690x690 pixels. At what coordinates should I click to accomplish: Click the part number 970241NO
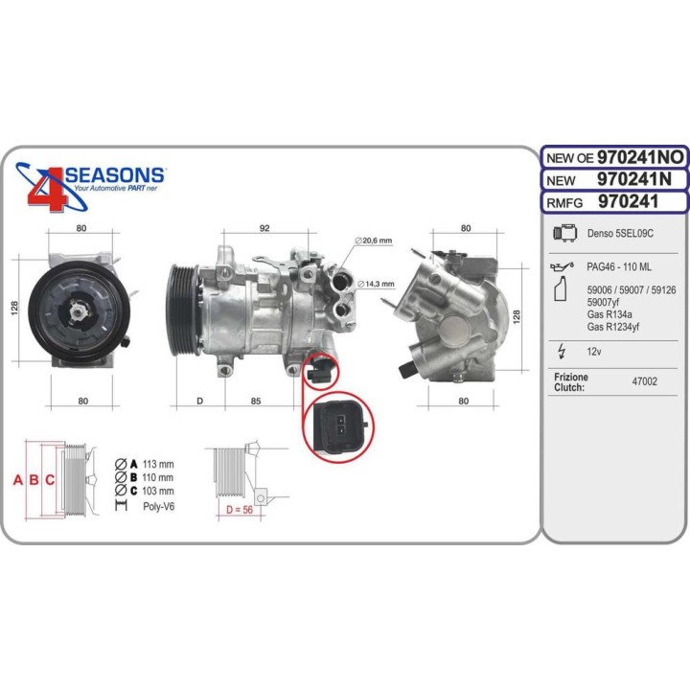click(x=640, y=157)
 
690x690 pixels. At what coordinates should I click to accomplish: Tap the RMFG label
click(x=566, y=202)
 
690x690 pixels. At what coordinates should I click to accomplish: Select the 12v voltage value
click(x=593, y=352)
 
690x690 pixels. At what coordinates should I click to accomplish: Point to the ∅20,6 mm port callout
click(x=374, y=241)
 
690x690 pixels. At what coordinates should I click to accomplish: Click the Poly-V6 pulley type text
click(x=158, y=505)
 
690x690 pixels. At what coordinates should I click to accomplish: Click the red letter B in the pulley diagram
click(x=34, y=479)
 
